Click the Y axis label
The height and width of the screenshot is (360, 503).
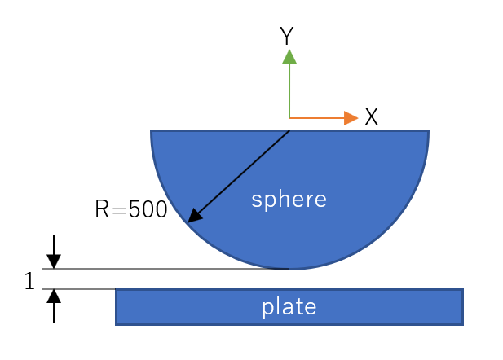click(x=286, y=35)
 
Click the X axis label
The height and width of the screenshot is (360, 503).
click(x=372, y=116)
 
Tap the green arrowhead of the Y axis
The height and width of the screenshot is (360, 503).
click(x=289, y=56)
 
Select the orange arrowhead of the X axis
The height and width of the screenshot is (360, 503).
click(x=351, y=118)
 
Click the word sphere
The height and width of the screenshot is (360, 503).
click(x=289, y=200)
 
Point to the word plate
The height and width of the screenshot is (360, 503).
click(x=289, y=307)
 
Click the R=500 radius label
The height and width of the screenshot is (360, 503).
click(x=131, y=209)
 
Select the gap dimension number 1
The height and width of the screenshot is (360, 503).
click(x=29, y=281)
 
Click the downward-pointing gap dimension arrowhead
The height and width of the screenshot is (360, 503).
click(x=54, y=261)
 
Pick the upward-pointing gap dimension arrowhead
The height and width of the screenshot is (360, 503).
click(x=54, y=296)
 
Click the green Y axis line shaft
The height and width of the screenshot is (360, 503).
click(x=289, y=90)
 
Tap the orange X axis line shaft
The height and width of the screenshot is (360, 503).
click(x=317, y=118)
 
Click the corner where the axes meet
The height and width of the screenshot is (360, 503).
click(x=289, y=118)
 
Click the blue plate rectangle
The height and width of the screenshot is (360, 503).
click(x=289, y=307)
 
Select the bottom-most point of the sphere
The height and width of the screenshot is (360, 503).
click(x=289, y=270)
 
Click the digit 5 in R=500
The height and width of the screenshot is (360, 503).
click(x=135, y=209)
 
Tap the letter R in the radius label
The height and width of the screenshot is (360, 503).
click(x=102, y=209)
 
